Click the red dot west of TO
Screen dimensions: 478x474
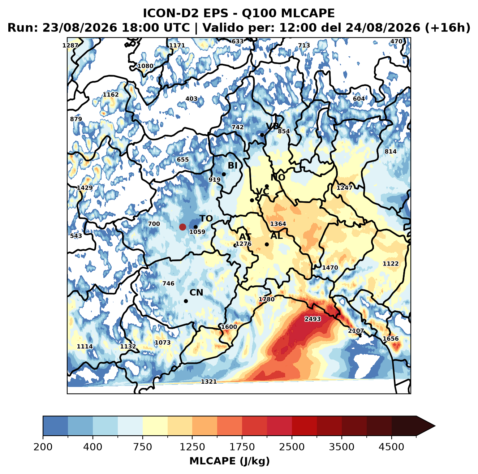click(182, 227)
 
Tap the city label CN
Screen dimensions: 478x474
click(196, 292)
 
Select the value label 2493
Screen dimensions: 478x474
click(313, 319)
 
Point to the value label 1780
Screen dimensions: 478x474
click(266, 299)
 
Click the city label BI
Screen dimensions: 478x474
click(232, 165)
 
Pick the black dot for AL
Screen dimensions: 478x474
click(267, 244)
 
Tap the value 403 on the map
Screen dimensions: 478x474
click(191, 99)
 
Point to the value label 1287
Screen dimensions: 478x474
click(70, 46)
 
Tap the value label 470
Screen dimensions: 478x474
click(396, 42)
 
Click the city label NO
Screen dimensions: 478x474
click(277, 177)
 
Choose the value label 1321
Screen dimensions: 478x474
click(208, 382)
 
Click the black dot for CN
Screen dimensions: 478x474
click(186, 301)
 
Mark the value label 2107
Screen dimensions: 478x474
click(356, 331)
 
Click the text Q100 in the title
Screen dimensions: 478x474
click(259, 13)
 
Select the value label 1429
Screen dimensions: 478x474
click(85, 188)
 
